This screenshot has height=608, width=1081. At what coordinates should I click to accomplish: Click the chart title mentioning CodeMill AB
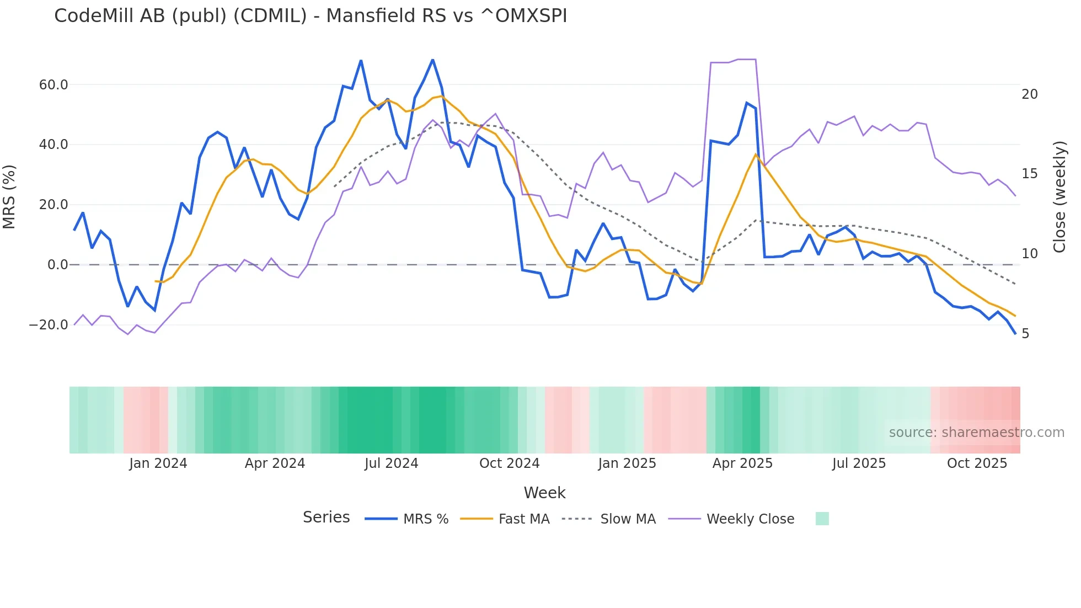(x=311, y=16)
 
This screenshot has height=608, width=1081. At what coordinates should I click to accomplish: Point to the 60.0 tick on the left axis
(x=53, y=85)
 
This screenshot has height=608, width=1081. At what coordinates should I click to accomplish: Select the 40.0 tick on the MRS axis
(x=53, y=145)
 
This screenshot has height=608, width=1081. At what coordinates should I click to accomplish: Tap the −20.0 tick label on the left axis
(x=49, y=325)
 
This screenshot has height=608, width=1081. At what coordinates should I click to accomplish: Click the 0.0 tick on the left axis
(x=57, y=265)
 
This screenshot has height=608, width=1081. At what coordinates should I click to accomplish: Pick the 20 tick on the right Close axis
(x=1030, y=94)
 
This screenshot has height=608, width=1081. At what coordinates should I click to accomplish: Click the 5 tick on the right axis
(x=1025, y=334)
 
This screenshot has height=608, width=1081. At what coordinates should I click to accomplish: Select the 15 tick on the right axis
(x=1030, y=174)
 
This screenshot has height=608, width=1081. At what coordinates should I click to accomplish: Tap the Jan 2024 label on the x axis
(x=158, y=463)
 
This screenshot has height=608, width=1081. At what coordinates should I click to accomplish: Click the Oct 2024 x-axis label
(x=509, y=463)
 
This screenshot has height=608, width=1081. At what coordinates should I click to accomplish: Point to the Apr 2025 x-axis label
(x=742, y=463)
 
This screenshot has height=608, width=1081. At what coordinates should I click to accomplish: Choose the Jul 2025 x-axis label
(x=859, y=463)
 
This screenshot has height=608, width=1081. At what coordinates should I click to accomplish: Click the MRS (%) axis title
(x=9, y=197)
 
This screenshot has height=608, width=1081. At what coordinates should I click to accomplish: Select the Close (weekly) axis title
(x=1059, y=197)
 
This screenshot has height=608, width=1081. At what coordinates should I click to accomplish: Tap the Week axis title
(x=544, y=493)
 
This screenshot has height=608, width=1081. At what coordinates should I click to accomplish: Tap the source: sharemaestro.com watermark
(x=976, y=433)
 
